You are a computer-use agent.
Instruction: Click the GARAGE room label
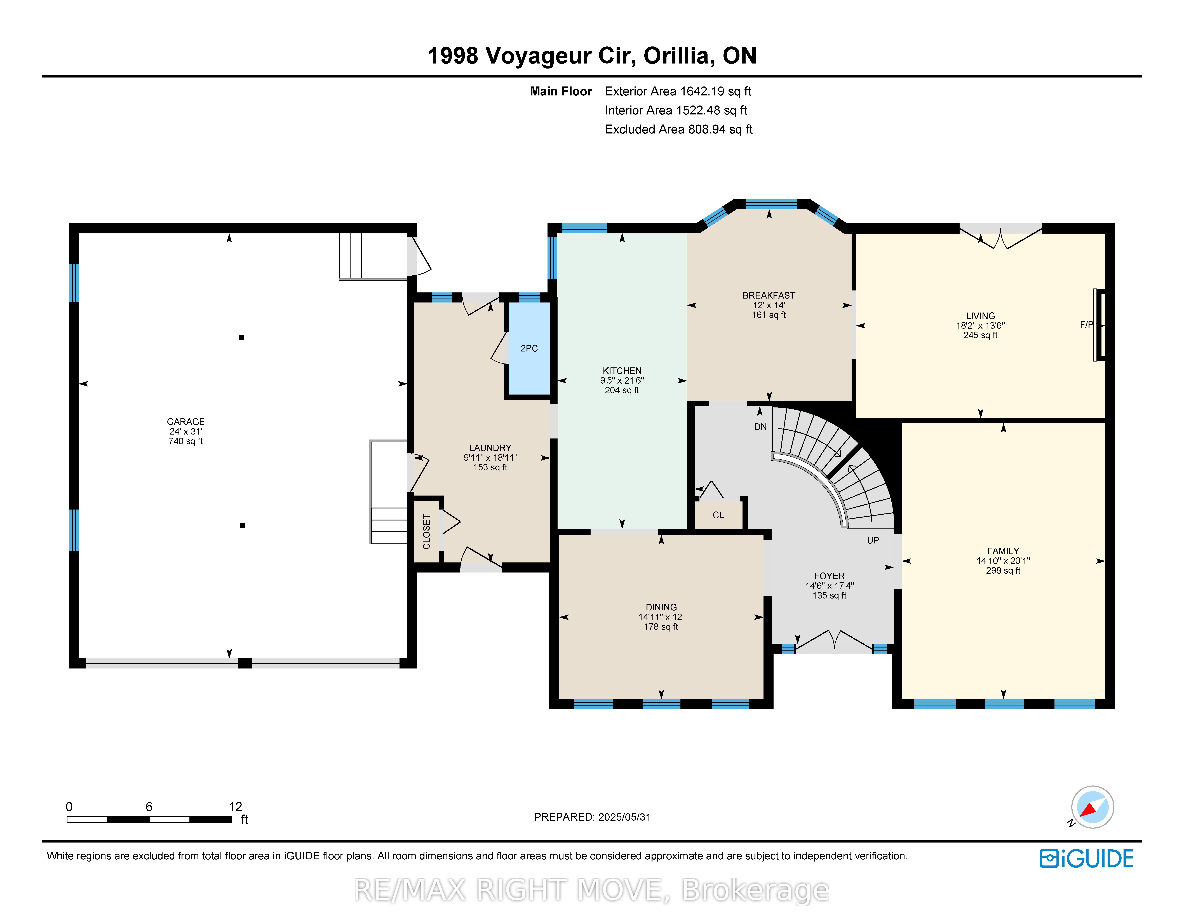coord(185,422)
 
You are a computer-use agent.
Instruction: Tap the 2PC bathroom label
coord(529,349)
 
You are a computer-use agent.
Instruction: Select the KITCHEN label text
coord(622,371)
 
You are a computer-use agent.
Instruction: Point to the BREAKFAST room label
coord(769,295)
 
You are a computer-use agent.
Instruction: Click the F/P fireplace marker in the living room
coord(1087,325)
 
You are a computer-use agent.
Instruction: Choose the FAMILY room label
coord(1003,551)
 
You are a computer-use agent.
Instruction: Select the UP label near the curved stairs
coord(873,540)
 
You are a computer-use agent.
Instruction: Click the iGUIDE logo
coord(1086,859)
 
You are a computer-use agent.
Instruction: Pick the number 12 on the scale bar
coord(235,807)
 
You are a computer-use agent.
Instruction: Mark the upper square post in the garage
coord(241,337)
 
